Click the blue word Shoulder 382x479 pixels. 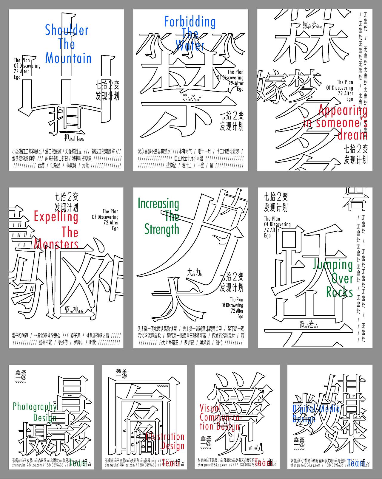[x=67, y=30]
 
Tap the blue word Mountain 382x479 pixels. [x=68, y=58]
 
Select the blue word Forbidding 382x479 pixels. [x=190, y=22]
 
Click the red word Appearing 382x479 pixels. [x=343, y=110]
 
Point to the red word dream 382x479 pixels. [x=352, y=135]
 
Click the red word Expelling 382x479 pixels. [x=56, y=217]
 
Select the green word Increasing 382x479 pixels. [x=158, y=204]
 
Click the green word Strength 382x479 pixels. [x=162, y=229]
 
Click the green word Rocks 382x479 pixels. [x=339, y=292]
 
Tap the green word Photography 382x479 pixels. [x=35, y=406]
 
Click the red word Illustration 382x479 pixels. [x=166, y=437]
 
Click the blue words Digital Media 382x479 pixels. [x=316, y=409]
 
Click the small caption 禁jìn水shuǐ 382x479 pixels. [x=192, y=98]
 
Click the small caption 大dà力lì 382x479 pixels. [x=195, y=272]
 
